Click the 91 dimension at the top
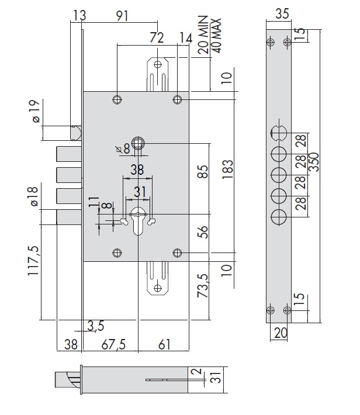pyautogui.click(x=122, y=16)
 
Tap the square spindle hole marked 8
pyautogui.click(x=139, y=142)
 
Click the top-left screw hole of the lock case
pyautogui.click(x=117, y=100)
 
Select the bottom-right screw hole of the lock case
pyautogui.click(x=177, y=253)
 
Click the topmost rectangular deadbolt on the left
pyautogui.click(x=69, y=154)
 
